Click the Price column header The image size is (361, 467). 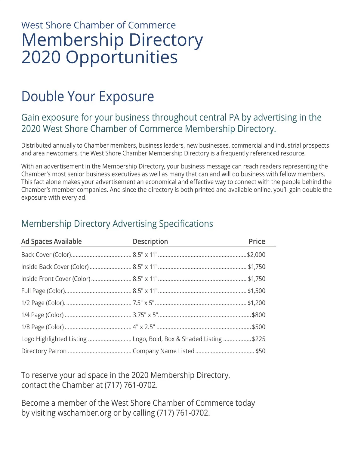pyautogui.click(x=257, y=241)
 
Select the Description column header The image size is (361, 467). pyautogui.click(x=150, y=241)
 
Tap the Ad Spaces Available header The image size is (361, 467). pyautogui.click(x=51, y=241)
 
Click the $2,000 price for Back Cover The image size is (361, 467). pyautogui.click(x=256, y=255)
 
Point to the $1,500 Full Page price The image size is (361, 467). pyautogui.click(x=256, y=291)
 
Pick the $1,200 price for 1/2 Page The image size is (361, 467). pyautogui.click(x=256, y=303)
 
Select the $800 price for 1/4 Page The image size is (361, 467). pyautogui.click(x=258, y=315)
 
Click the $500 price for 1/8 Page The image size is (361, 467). pyautogui.click(x=258, y=327)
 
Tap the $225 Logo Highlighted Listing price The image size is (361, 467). pyautogui.click(x=258, y=339)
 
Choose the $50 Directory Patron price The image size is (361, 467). pyautogui.click(x=260, y=351)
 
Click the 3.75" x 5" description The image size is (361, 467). pyautogui.click(x=145, y=315)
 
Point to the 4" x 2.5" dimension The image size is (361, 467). pyautogui.click(x=144, y=327)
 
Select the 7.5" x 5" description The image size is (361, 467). pyautogui.click(x=143, y=303)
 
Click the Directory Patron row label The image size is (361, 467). pyautogui.click(x=44, y=351)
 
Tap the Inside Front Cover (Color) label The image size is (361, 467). pyautogui.click(x=56, y=279)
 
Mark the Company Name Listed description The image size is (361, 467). pyautogui.click(x=163, y=351)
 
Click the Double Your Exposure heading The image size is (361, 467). pyautogui.click(x=88, y=97)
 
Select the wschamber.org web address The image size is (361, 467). pyautogui.click(x=84, y=413)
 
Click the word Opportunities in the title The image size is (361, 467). pyautogui.click(x=122, y=57)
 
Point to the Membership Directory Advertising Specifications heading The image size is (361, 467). pyautogui.click(x=117, y=224)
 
